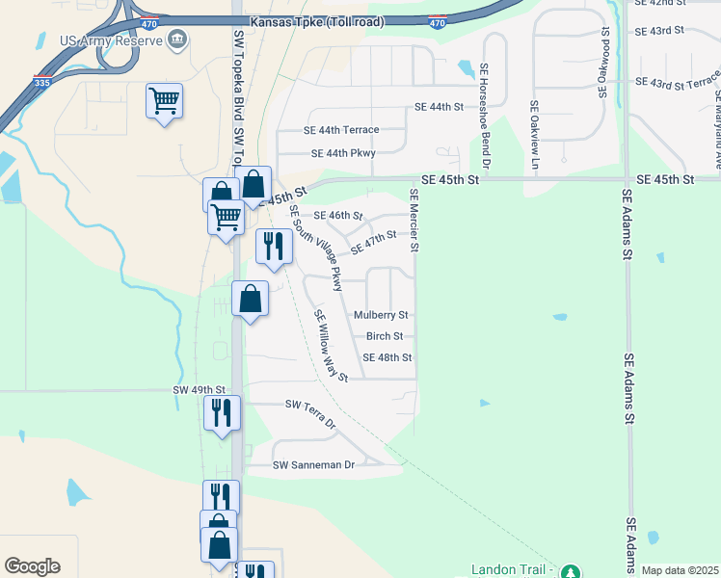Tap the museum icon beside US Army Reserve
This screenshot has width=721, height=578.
[176, 39]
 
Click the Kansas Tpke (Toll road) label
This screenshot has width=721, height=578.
[315, 21]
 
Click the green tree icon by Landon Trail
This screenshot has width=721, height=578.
[570, 571]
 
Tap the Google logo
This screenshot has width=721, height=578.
[32, 566]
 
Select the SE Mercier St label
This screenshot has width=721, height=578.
[414, 220]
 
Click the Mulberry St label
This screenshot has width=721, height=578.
[381, 315]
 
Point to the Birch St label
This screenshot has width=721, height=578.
[390, 336]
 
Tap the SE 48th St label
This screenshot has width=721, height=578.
[387, 357]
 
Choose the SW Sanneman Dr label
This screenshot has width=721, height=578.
[314, 465]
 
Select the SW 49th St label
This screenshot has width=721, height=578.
[199, 390]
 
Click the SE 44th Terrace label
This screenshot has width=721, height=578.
[341, 130]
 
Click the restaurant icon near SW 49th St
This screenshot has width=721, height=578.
[222, 412]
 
